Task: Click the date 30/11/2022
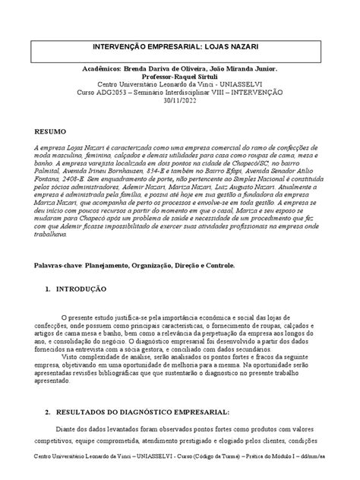tap(180, 98)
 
